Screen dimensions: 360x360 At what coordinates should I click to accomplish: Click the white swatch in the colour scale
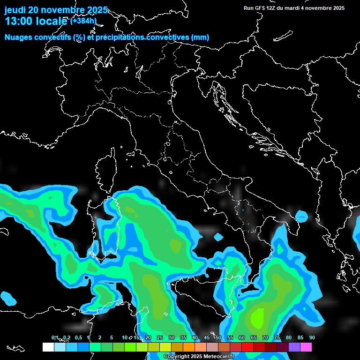pos(48,347)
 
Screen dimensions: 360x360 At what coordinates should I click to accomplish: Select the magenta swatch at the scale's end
pos(306,347)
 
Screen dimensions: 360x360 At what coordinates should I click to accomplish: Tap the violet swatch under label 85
pos(294,347)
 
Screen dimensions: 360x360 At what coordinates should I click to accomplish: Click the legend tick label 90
pos(312,337)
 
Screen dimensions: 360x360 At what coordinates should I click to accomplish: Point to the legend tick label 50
pos(218,337)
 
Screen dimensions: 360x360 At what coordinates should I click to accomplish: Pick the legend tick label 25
pos(159,337)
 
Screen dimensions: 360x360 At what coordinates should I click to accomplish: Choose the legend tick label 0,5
pos(78,337)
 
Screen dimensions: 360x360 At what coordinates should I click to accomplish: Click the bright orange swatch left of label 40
pos(188,347)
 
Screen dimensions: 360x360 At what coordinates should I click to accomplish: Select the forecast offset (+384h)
pos(83,21)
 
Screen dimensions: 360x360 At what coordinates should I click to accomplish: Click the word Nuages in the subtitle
pos(18,37)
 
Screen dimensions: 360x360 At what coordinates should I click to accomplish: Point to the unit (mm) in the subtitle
pos(200,37)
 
